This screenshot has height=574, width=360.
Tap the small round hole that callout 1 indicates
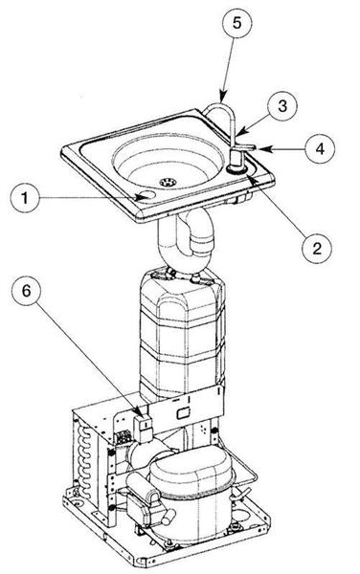tap(146, 197)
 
